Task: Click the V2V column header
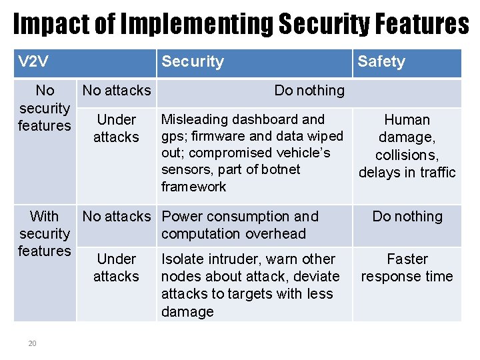33,62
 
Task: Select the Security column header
193,62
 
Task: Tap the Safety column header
381,62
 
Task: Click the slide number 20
32,343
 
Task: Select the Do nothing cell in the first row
309,91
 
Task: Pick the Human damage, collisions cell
407,146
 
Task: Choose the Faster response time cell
407,267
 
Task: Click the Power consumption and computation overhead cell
240,225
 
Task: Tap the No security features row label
45,108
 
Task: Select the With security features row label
45,233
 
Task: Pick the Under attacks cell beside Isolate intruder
117,267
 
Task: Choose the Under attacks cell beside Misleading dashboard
117,129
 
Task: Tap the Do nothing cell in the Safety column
407,217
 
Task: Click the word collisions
407,155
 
